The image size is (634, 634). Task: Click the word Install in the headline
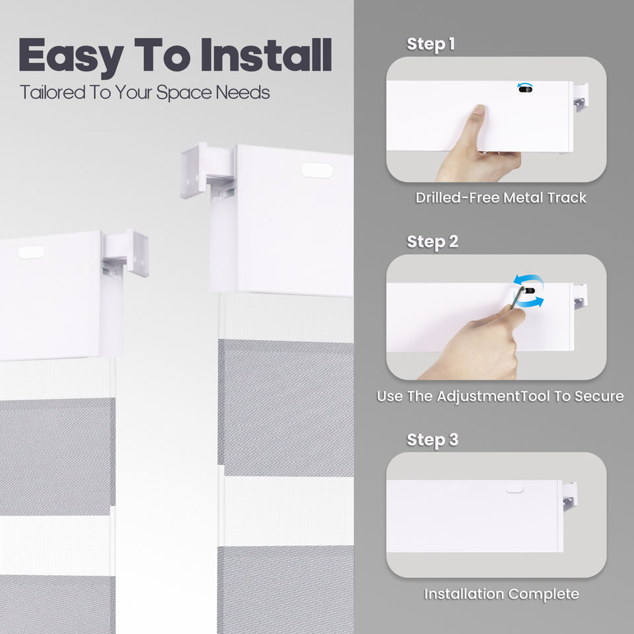(266, 55)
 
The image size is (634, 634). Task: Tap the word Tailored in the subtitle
(52, 92)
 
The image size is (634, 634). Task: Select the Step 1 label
(431, 44)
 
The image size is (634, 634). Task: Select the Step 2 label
(432, 242)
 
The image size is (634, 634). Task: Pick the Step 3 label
(432, 440)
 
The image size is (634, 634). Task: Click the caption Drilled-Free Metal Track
(501, 197)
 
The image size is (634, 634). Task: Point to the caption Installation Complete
(501, 594)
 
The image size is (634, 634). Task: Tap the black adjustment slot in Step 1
(526, 88)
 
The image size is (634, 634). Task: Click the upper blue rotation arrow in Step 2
(528, 280)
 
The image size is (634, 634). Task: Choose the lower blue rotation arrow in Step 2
(531, 302)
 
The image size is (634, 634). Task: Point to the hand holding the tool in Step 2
(477, 343)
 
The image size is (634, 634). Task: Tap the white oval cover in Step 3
(514, 489)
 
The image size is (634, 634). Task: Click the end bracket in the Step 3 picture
(570, 497)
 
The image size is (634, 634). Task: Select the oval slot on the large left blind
(31, 252)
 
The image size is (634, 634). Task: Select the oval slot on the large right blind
(317, 170)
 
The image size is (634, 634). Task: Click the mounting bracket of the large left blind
(125, 254)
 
